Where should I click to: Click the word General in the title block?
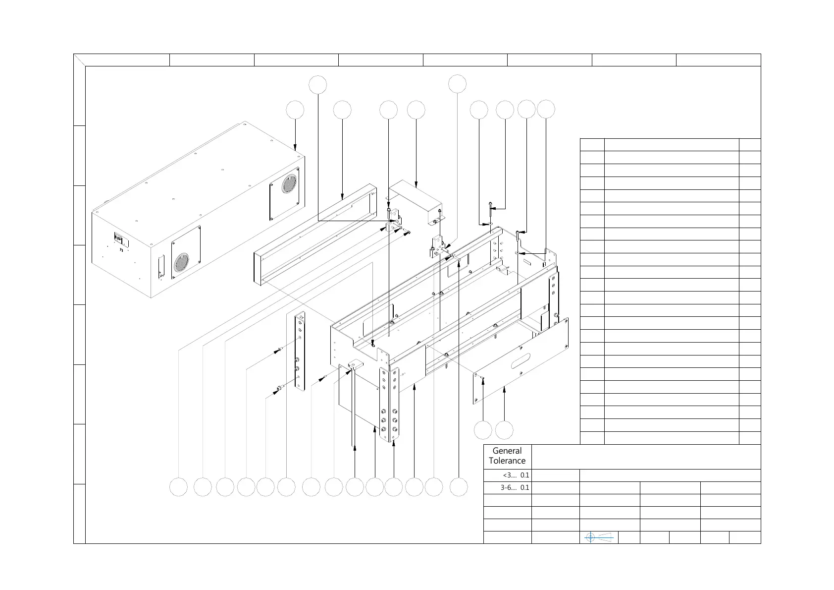(x=507, y=451)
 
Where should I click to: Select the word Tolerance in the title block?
(x=507, y=461)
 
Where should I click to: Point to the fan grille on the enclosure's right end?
(x=289, y=184)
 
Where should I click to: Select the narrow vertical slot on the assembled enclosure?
(x=160, y=266)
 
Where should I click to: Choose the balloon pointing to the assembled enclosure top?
(x=296, y=110)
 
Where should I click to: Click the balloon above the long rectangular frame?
(x=342, y=110)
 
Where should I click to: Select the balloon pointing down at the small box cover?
(x=416, y=110)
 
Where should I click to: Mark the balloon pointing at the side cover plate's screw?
(x=483, y=430)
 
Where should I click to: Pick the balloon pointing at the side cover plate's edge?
(x=504, y=430)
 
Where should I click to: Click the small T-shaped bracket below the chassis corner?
(x=355, y=365)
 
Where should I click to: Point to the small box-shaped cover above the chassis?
(x=415, y=201)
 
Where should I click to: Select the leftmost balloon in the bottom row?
(x=178, y=487)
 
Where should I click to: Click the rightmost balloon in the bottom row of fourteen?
(x=459, y=487)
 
